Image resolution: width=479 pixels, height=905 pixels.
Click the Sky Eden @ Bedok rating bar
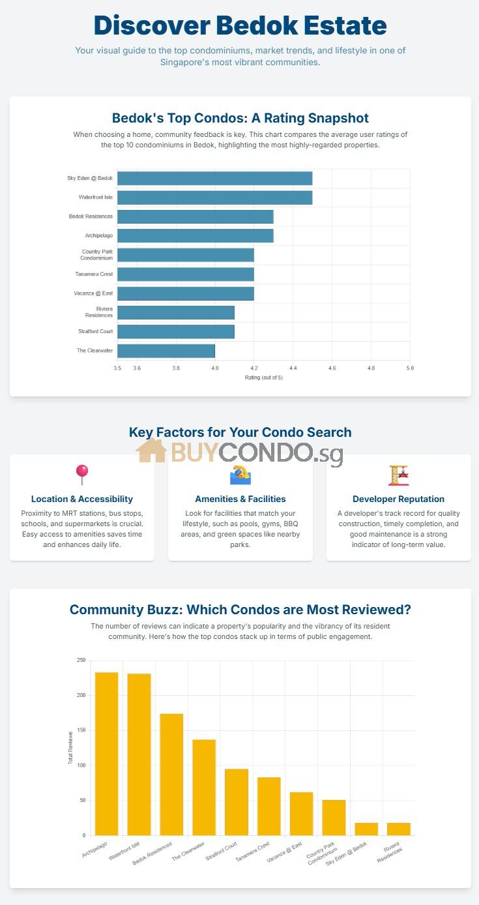pos(214,178)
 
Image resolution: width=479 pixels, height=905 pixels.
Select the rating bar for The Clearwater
pos(166,351)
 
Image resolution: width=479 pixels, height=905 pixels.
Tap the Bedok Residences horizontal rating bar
pos(195,216)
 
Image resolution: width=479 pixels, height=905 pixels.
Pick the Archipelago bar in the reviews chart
pos(106,754)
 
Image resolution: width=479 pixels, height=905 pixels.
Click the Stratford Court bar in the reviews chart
pos(237,802)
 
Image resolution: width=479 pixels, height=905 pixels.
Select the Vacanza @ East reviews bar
pos(302,814)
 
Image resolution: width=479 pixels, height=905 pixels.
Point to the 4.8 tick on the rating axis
pos(371,368)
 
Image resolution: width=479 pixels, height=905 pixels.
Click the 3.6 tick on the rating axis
pos(137,368)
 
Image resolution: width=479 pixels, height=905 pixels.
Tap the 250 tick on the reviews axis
pos(81,660)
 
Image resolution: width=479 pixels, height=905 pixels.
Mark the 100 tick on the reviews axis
pos(81,765)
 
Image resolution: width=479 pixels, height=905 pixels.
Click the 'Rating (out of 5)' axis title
pos(263,378)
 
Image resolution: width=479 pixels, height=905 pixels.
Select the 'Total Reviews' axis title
pos(71,748)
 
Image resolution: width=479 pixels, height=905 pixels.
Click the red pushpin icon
pos(82,475)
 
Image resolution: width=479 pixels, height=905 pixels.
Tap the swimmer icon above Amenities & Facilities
pos(240,475)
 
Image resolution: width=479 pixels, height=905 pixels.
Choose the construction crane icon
pos(398,475)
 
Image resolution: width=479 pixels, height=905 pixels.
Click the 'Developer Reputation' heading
pos(398,499)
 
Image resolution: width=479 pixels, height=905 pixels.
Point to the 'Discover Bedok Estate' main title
pos(240,26)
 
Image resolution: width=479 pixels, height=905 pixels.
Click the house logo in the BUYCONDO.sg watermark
pos(151,451)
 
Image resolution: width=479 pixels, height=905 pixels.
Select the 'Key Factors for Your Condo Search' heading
pos(240,432)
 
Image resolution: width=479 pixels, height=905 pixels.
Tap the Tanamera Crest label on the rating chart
pos(94,274)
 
